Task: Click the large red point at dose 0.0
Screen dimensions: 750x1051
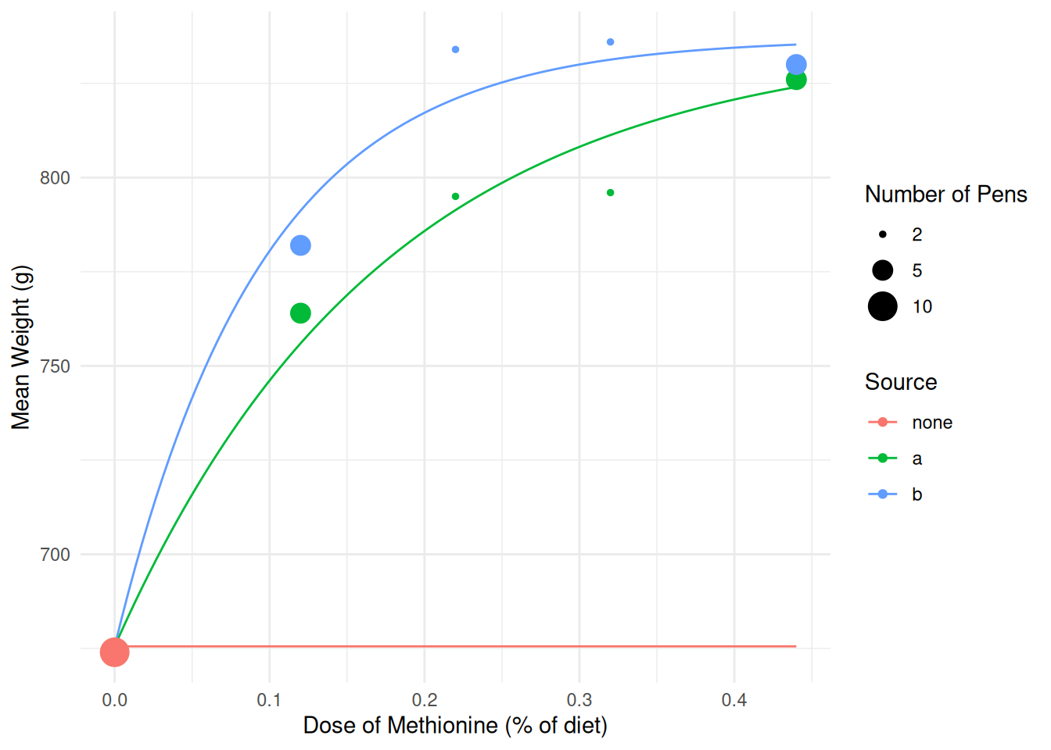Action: pyautogui.click(x=114, y=652)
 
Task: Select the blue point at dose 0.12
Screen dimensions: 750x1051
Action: pyautogui.click(x=300, y=245)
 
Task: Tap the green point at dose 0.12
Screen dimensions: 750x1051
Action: pyautogui.click(x=300, y=313)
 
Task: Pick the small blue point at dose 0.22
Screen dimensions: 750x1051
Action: pyautogui.click(x=455, y=49)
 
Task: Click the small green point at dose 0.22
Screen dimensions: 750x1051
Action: pyautogui.click(x=455, y=196)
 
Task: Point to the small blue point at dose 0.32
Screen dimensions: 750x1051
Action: pyautogui.click(x=611, y=41)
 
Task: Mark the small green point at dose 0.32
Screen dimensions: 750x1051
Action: pyautogui.click(x=611, y=192)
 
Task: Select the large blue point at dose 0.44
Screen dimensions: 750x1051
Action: pyautogui.click(x=796, y=65)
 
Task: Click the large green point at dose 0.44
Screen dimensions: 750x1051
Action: pyautogui.click(x=796, y=80)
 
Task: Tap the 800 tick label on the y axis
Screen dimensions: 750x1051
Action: pyautogui.click(x=55, y=178)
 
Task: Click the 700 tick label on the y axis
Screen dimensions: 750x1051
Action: pyautogui.click(x=55, y=555)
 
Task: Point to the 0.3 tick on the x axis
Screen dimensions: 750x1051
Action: pyautogui.click(x=579, y=700)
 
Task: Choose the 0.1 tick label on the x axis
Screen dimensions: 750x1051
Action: pyautogui.click(x=269, y=700)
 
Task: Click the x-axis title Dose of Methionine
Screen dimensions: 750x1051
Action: pyautogui.click(x=455, y=726)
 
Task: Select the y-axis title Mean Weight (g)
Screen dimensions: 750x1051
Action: pyautogui.click(x=21, y=347)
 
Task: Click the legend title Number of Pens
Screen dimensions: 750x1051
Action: pyautogui.click(x=945, y=195)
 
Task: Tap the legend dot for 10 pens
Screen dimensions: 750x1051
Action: pyautogui.click(x=883, y=306)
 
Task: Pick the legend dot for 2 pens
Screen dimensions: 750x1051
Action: pyautogui.click(x=883, y=234)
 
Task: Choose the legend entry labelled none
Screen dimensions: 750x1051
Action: pyautogui.click(x=931, y=423)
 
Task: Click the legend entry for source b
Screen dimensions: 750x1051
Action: pyautogui.click(x=916, y=495)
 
